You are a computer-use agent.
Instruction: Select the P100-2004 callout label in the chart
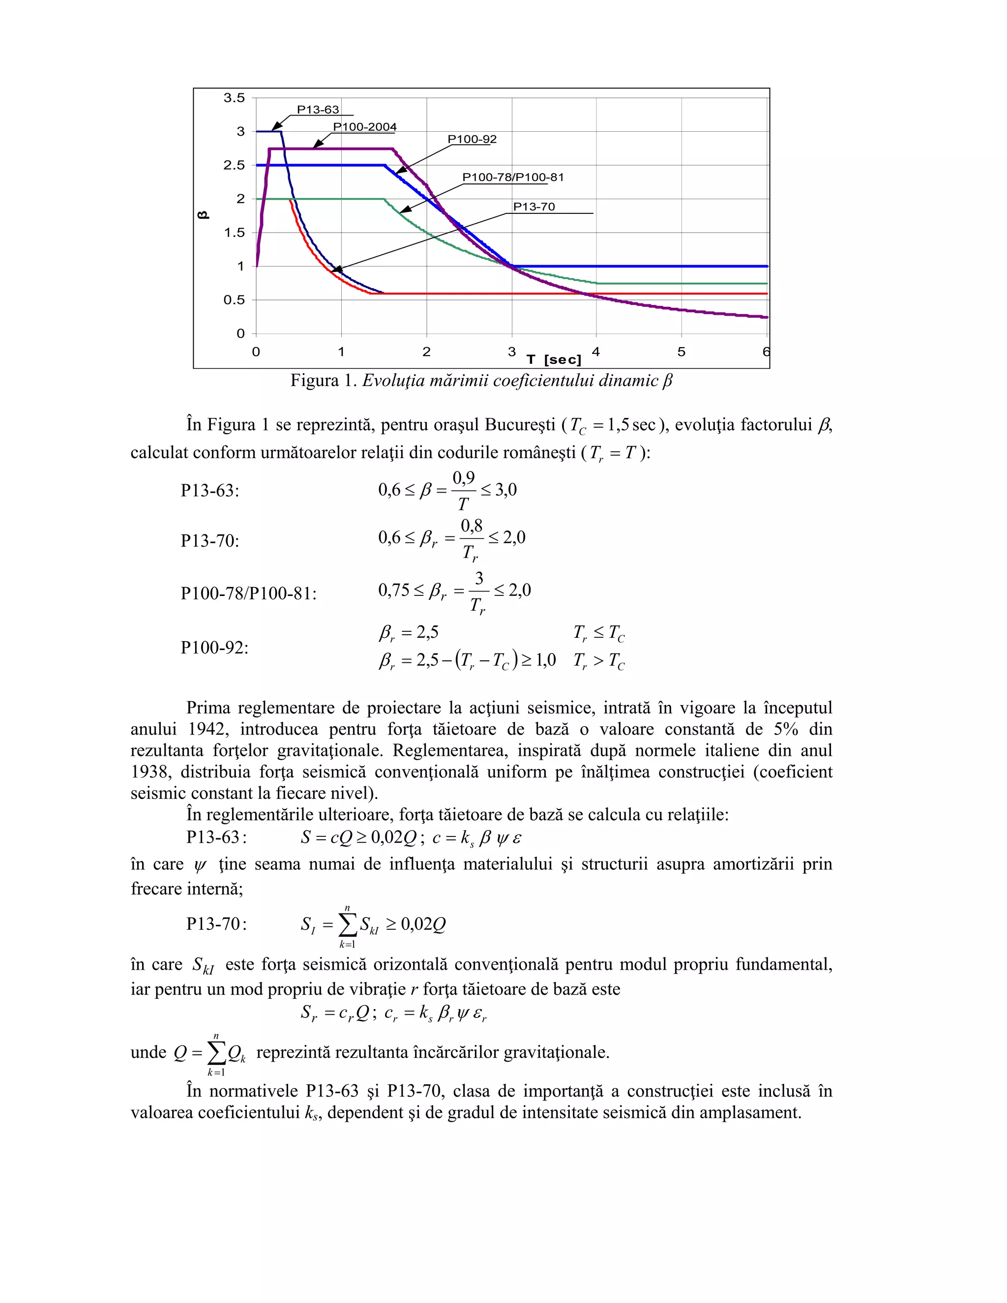(x=364, y=127)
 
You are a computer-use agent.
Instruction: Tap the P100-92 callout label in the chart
(x=472, y=139)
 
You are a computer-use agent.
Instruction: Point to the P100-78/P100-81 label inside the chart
(x=512, y=177)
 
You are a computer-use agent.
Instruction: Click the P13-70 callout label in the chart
(x=534, y=207)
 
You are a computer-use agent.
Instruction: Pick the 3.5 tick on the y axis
(x=234, y=98)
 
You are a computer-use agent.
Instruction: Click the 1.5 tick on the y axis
(x=234, y=233)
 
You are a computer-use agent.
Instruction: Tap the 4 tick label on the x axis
(x=596, y=352)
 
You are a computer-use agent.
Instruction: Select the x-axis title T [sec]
(x=554, y=360)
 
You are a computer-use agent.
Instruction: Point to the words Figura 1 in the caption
(x=323, y=381)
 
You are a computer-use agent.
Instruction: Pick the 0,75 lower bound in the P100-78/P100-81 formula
(x=394, y=591)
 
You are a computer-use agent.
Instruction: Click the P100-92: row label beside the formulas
(x=215, y=648)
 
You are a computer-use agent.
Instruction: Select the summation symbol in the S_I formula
(x=347, y=925)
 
